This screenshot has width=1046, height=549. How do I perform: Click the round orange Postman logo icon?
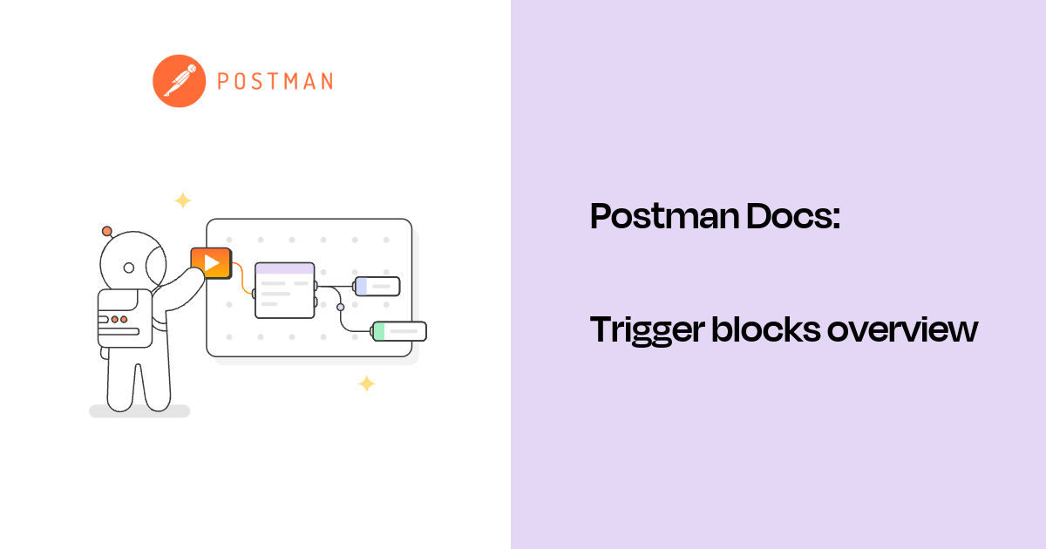[179, 81]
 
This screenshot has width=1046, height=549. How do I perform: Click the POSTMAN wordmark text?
[275, 82]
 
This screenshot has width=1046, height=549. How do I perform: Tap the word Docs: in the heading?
[793, 216]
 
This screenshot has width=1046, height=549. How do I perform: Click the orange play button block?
[211, 262]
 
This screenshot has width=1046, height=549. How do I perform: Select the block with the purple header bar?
[284, 290]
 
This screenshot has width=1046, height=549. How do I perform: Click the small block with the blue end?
[377, 286]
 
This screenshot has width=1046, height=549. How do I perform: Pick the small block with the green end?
[399, 331]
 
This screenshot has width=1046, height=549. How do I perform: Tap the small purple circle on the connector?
[341, 307]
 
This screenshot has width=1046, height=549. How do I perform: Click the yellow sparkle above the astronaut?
[182, 200]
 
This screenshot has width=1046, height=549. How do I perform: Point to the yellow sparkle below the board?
[367, 383]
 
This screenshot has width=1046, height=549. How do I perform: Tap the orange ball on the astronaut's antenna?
[107, 231]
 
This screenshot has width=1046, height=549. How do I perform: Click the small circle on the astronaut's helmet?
[129, 268]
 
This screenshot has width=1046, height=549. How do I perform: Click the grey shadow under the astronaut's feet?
[139, 411]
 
